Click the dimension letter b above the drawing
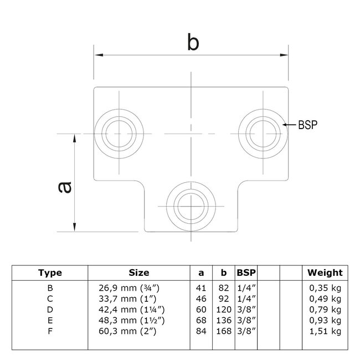pyautogui.click(x=192, y=42)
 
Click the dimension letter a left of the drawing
pyautogui.click(x=64, y=188)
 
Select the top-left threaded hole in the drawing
pyautogui.click(x=119, y=134)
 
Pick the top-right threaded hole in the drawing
pyautogui.click(x=263, y=133)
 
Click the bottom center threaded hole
pyautogui.click(x=191, y=205)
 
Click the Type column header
pyautogui.click(x=50, y=272)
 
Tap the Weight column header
pyautogui.click(x=325, y=272)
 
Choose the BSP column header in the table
pyautogui.click(x=246, y=272)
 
